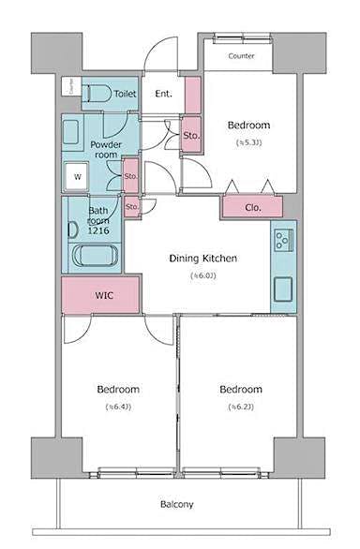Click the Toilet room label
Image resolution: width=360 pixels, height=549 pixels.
click(125, 94)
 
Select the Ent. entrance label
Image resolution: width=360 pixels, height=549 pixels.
click(162, 94)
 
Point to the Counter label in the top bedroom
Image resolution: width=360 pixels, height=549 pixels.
click(243, 55)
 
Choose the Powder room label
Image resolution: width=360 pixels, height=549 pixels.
click(106, 150)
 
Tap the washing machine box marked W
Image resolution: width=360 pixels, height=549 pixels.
click(78, 175)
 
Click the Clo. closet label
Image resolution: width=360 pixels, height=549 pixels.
click(252, 207)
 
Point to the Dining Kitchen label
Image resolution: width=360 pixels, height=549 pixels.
click(202, 259)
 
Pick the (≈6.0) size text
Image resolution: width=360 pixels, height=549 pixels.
click(203, 275)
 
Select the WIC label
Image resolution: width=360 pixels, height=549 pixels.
click(104, 295)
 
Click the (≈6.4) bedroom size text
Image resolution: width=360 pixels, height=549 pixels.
click(118, 407)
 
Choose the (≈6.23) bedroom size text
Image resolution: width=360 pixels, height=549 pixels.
click(241, 407)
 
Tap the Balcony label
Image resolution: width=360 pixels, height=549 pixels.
click(176, 504)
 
